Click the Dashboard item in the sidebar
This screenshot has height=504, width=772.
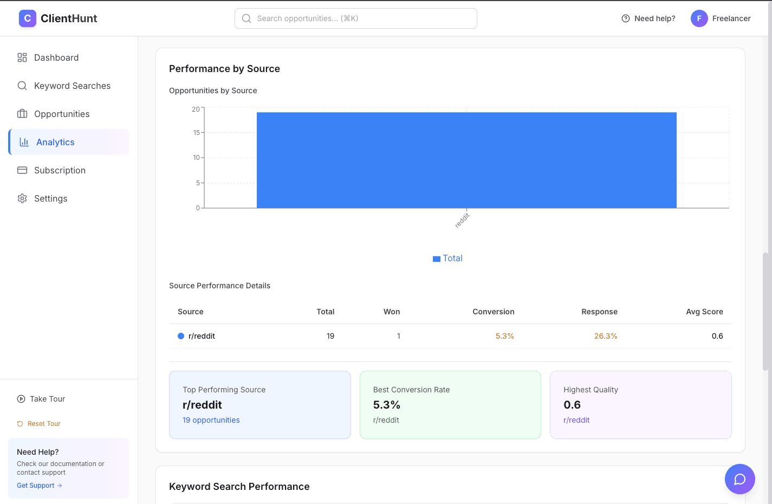point(56,57)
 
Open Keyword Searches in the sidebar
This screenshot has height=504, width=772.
point(72,86)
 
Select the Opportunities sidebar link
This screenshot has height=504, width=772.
point(61,114)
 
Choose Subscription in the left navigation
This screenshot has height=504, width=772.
point(60,170)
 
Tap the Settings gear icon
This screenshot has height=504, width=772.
point(22,198)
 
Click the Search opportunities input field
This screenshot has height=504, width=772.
point(356,18)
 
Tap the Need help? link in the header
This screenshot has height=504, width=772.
point(648,18)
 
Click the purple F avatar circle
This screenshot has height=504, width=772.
point(699,18)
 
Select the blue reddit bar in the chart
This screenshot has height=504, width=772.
point(466,160)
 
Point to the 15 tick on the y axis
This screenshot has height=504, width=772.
point(197,132)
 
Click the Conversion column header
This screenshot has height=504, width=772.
point(493,312)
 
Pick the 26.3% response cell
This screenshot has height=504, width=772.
point(605,336)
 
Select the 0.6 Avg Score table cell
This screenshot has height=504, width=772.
point(717,336)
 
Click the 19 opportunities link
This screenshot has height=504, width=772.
point(211,420)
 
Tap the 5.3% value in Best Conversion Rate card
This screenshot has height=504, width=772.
point(386,405)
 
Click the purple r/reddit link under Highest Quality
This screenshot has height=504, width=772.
point(576,420)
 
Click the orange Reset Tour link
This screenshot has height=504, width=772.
point(44,424)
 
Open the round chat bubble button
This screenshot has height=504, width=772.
point(739,479)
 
